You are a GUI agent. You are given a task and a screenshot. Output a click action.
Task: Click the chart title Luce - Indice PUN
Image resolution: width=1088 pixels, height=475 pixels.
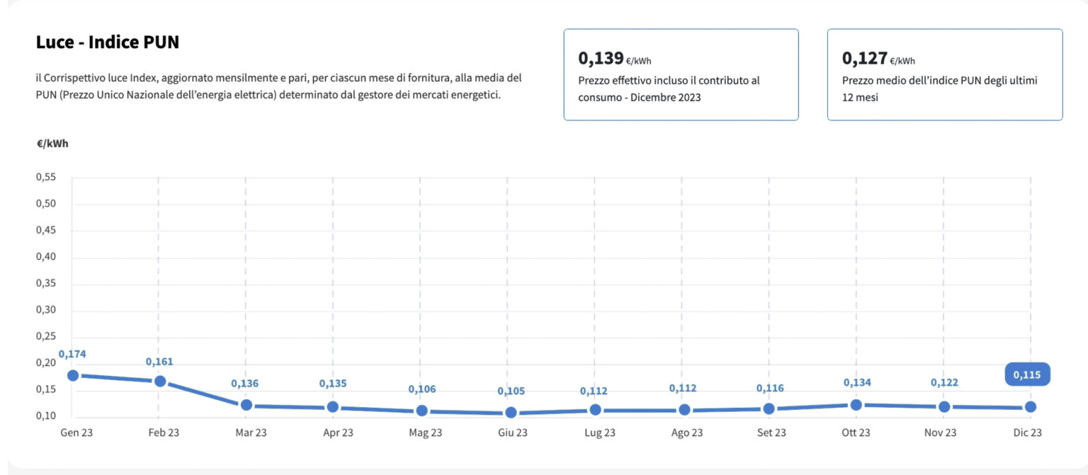[108, 42]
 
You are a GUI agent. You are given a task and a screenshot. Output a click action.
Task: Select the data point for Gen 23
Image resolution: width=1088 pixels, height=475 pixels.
[73, 375]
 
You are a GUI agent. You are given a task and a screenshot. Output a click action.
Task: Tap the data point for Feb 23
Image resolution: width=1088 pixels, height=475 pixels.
[160, 381]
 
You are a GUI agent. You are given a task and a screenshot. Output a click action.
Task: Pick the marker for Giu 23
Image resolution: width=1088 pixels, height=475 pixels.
[511, 412]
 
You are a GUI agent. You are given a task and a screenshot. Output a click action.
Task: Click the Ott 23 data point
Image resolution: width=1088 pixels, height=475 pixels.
[856, 405]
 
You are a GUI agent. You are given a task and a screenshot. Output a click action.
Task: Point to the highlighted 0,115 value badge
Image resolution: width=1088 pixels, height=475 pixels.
[1027, 374]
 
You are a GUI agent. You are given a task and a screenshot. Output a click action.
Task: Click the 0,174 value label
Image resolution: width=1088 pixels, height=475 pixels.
[72, 353]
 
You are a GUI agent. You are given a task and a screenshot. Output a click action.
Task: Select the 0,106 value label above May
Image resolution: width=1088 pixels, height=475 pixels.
[422, 389]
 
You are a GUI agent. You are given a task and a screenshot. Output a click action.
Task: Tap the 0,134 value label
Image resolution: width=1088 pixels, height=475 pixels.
[857, 382]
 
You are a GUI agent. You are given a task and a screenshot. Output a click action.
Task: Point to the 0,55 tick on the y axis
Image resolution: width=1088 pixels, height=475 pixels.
[46, 177]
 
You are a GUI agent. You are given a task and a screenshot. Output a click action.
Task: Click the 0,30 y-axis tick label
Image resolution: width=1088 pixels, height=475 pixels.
[46, 310]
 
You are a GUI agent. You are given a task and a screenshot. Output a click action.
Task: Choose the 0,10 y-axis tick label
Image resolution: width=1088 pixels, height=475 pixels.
[46, 416]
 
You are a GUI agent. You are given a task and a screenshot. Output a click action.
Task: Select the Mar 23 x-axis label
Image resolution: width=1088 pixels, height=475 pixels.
[251, 433]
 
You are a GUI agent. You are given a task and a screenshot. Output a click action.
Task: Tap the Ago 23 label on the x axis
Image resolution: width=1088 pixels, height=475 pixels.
[687, 433]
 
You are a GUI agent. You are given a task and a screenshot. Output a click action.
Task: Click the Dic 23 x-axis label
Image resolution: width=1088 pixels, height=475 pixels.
[1026, 433]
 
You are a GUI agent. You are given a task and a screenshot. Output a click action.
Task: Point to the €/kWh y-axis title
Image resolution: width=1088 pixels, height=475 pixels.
[52, 143]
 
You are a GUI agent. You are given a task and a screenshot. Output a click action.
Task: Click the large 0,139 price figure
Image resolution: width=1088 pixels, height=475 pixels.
[601, 58]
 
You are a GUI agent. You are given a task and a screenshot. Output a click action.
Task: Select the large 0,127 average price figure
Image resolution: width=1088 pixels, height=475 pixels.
[864, 58]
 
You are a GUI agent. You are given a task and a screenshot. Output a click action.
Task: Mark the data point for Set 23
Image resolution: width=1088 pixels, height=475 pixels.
[769, 408]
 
